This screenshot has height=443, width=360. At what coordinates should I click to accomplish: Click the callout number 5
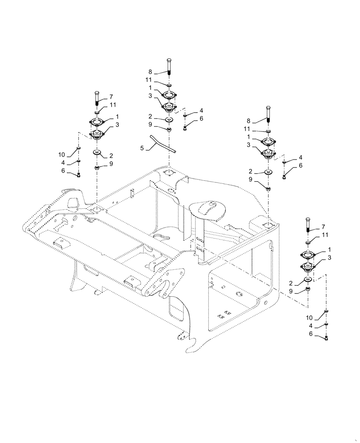142,148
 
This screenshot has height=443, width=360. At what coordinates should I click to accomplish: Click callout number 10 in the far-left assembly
62,155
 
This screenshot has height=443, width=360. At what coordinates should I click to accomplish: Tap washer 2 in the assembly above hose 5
170,120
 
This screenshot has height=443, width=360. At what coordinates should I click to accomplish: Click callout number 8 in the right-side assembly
249,120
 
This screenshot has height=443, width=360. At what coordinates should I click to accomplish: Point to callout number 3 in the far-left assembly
117,125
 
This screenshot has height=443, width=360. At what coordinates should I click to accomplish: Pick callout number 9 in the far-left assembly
111,165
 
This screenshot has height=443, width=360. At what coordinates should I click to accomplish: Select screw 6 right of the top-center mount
185,128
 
